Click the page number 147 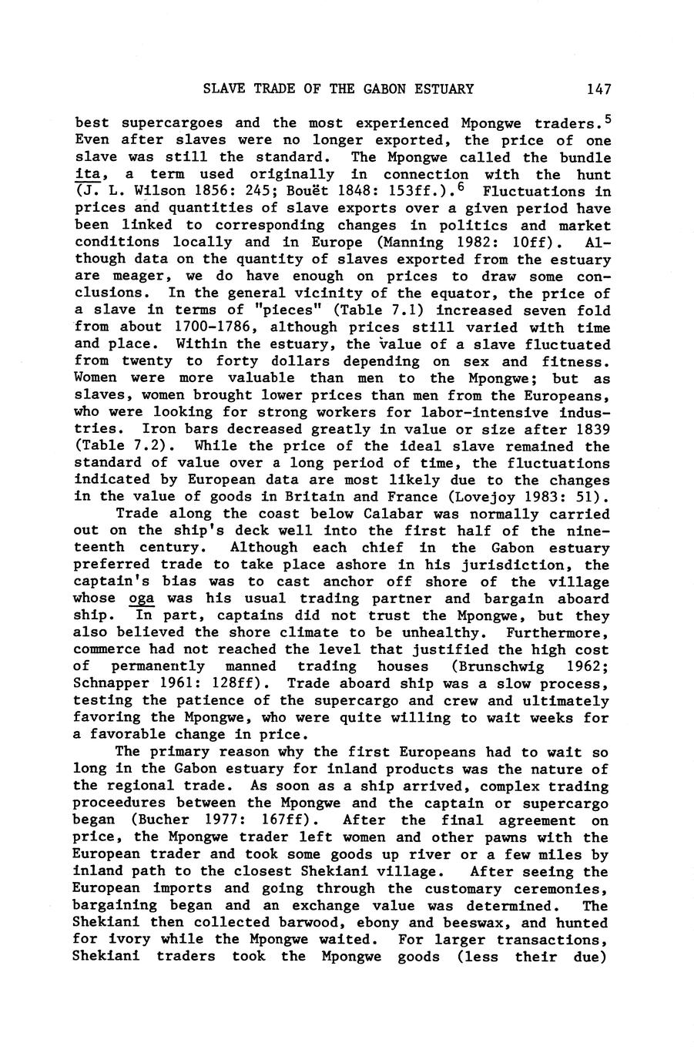598,89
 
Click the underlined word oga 141,599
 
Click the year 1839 589,429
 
